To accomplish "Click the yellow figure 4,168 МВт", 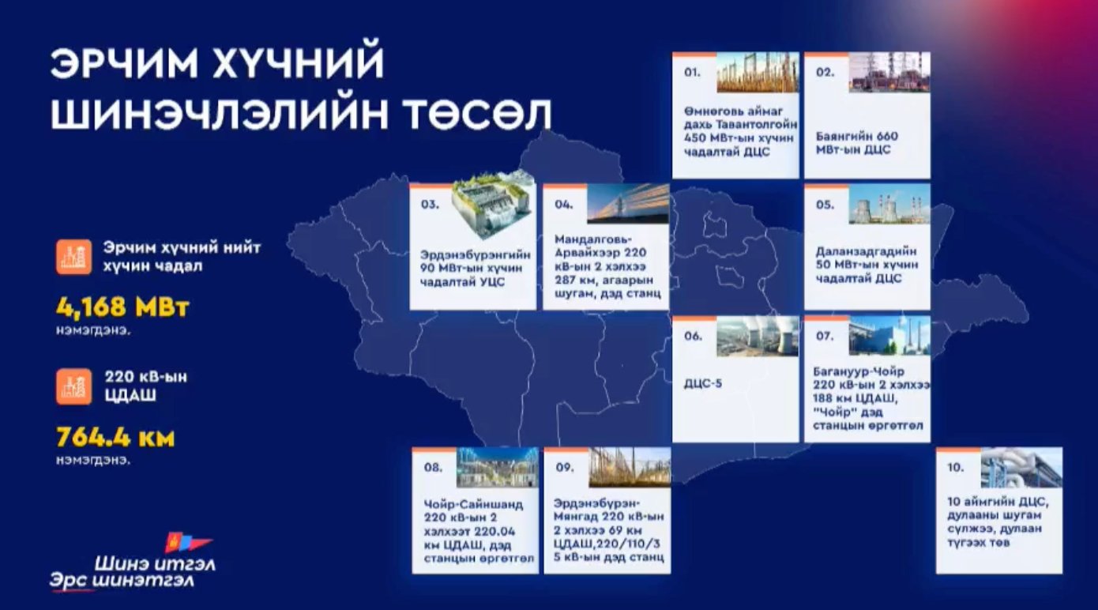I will click(122, 307).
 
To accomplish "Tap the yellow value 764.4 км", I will click(115, 437).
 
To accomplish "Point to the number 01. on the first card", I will click(693, 72).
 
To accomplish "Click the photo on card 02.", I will click(889, 73).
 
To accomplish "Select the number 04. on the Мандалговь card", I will click(563, 204).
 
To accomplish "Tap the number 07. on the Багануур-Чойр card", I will click(825, 336).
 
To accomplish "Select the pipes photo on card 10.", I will click(1021, 468).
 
